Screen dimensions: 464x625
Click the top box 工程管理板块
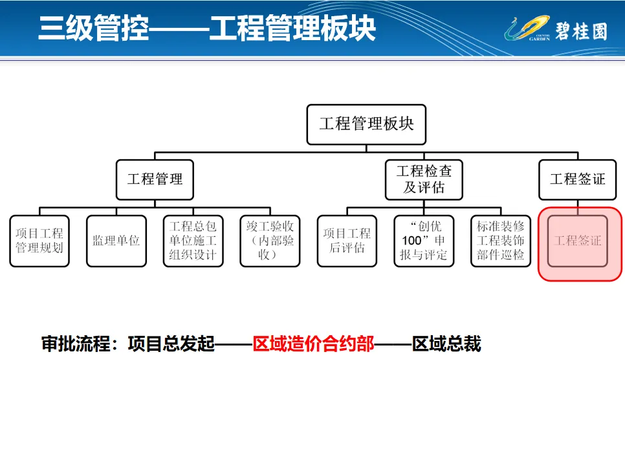tap(366, 124)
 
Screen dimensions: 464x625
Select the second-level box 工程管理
tap(155, 180)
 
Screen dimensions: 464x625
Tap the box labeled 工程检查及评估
tap(424, 179)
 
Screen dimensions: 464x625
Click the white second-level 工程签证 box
tap(577, 179)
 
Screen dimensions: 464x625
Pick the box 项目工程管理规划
tap(39, 241)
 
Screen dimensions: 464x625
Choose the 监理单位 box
tap(116, 241)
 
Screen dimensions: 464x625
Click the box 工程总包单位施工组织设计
tap(192, 241)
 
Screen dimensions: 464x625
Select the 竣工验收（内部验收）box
tap(270, 241)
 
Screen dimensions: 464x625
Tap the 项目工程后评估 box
tap(347, 241)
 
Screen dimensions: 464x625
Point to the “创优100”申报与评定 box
tap(424, 241)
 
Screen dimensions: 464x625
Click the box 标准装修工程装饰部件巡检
tap(501, 241)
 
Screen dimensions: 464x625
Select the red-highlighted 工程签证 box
tap(578, 241)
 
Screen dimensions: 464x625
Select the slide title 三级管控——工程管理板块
tap(206, 29)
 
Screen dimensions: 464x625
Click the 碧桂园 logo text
tap(582, 30)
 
